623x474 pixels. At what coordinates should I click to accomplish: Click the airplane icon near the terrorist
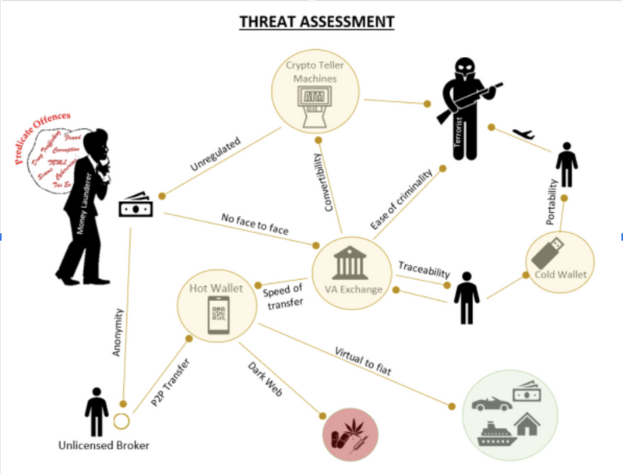click(x=525, y=135)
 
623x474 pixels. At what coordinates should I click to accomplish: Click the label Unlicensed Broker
click(x=104, y=446)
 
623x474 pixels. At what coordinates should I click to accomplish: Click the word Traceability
click(x=424, y=271)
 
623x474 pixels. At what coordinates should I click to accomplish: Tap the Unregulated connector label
click(x=215, y=155)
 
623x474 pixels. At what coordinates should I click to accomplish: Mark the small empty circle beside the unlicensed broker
click(x=120, y=422)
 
